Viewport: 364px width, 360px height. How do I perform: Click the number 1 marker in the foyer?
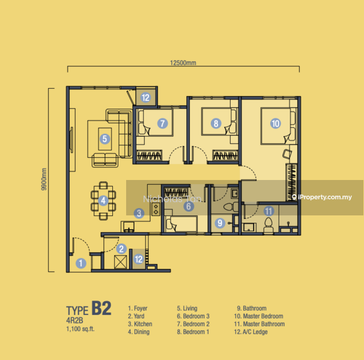pyautogui.click(x=80, y=263)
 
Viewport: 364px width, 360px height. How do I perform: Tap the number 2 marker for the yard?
pyautogui.click(x=121, y=249)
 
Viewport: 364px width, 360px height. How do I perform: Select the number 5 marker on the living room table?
pyautogui.click(x=105, y=139)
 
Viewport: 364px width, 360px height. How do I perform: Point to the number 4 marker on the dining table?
pyautogui.click(x=103, y=200)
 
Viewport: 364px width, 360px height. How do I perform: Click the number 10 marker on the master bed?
pyautogui.click(x=276, y=123)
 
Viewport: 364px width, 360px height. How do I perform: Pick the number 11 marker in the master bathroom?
pyautogui.click(x=269, y=211)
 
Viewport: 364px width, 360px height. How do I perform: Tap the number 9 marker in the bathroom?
pyautogui.click(x=220, y=223)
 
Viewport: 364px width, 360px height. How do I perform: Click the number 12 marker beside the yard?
pyautogui.click(x=139, y=259)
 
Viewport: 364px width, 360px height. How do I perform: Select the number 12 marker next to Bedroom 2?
pyautogui.click(x=145, y=98)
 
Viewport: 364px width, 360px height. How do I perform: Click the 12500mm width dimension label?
pyautogui.click(x=183, y=62)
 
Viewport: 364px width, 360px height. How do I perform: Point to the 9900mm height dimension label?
pyautogui.click(x=44, y=179)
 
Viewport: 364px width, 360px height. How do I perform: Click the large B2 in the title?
pyautogui.click(x=102, y=308)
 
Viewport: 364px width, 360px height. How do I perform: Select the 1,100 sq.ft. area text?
pyautogui.click(x=80, y=329)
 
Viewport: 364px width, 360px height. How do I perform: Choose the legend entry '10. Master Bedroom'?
pyautogui.click(x=259, y=316)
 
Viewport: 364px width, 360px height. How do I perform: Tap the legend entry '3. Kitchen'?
pyautogui.click(x=140, y=324)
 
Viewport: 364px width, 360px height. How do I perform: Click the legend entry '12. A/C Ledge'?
pyautogui.click(x=250, y=332)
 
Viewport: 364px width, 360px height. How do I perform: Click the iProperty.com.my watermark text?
pyautogui.click(x=325, y=197)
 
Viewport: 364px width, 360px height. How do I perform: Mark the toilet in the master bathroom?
pyautogui.click(x=268, y=225)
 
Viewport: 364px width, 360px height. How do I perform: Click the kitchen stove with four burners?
pyautogui.click(x=156, y=209)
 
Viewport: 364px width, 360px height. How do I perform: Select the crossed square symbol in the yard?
pyautogui.click(x=121, y=262)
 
